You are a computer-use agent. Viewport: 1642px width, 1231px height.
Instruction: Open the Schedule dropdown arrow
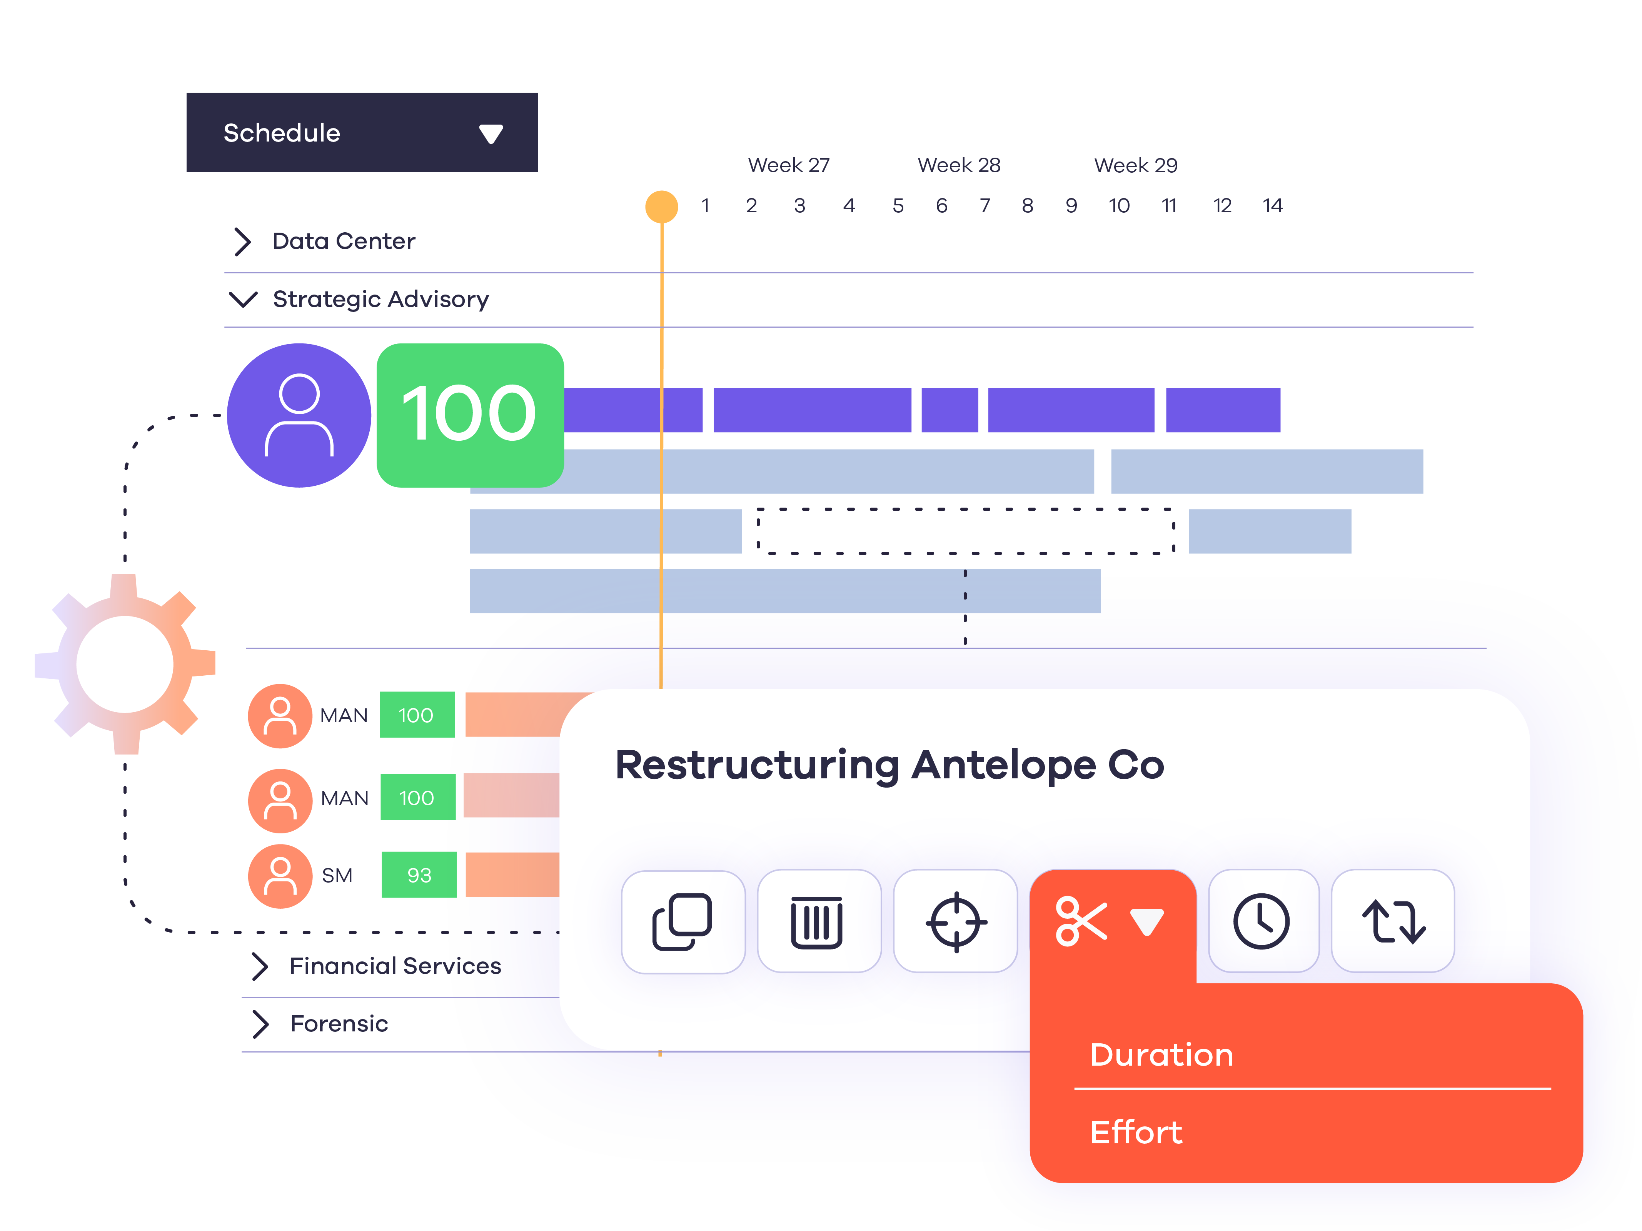[491, 133]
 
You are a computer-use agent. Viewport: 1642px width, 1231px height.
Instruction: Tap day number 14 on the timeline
[1272, 205]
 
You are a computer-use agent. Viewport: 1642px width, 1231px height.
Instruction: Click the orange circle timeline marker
[661, 206]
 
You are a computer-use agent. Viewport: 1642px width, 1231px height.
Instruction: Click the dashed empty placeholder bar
[965, 531]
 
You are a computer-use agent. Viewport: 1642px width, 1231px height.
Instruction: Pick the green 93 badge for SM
[419, 876]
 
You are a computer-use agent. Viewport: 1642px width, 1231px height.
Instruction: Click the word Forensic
[339, 1024]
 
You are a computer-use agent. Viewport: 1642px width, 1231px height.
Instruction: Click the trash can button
[817, 921]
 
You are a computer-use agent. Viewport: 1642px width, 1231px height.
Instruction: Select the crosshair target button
[955, 921]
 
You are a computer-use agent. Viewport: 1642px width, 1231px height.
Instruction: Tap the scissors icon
[1081, 921]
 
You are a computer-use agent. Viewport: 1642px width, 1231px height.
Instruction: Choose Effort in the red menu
[1136, 1132]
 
